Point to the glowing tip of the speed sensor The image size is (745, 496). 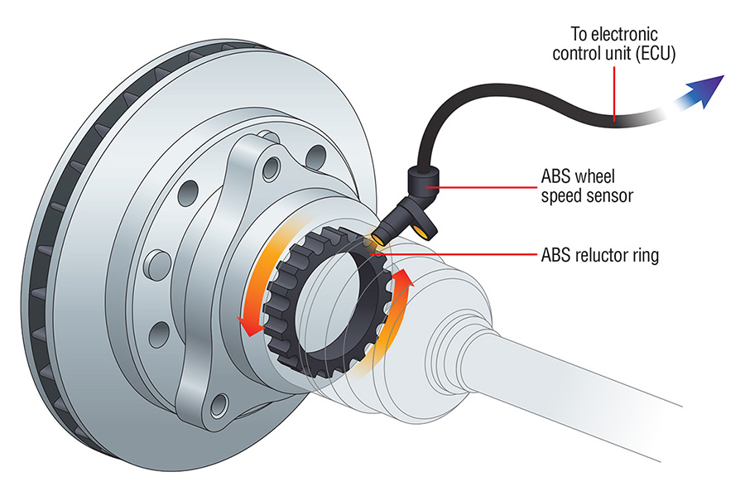click(377, 240)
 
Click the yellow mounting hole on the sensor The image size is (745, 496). click(425, 233)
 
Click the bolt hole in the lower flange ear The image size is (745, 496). click(219, 404)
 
